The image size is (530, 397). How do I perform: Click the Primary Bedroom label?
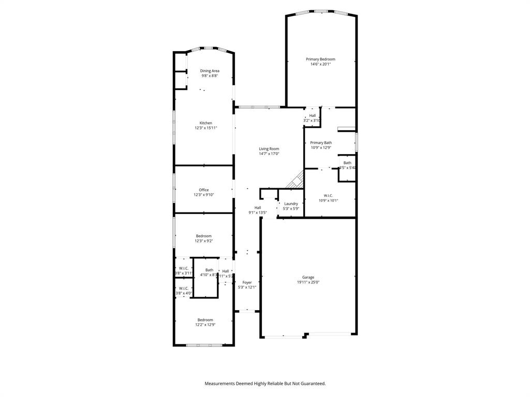coord(320,59)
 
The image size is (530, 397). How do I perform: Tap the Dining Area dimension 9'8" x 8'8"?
coord(210,76)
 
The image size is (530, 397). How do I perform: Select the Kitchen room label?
coord(205,123)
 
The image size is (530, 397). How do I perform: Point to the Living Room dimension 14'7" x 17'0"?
coord(269,154)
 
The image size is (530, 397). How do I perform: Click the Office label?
coord(204,190)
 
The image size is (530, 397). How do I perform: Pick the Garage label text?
coord(308,277)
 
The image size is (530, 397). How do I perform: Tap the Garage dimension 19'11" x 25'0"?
coord(308,282)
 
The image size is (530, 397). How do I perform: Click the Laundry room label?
coord(291,203)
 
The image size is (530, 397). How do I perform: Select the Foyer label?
coord(247,282)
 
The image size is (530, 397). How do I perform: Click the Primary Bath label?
coord(321,143)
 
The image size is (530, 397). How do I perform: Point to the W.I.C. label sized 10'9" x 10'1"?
coord(321,195)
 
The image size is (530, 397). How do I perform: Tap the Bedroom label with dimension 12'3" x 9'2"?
coord(203,236)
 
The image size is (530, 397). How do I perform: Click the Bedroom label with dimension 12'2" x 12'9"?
coord(204,319)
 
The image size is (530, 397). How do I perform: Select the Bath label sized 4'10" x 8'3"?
coord(209,270)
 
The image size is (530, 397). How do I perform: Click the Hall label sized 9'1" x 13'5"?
coord(257,207)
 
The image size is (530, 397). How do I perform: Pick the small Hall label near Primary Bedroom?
coord(312,115)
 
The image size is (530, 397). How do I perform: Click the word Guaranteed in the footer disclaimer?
coord(311,384)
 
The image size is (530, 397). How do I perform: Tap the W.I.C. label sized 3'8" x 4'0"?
coord(183,288)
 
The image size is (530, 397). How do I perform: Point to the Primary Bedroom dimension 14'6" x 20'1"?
coord(320,64)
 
